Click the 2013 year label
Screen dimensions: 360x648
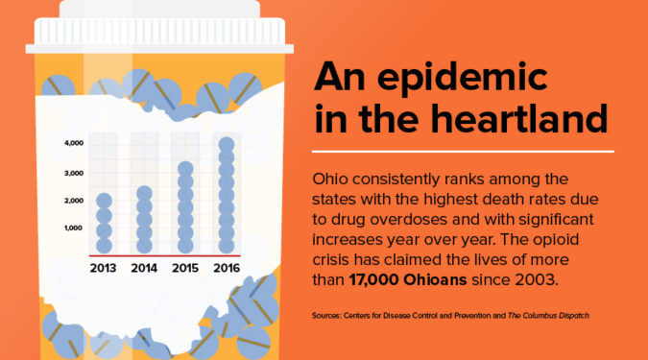(x=104, y=268)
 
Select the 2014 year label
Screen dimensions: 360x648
(x=144, y=268)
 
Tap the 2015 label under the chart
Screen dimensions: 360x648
(x=185, y=268)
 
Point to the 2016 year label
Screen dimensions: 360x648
(x=227, y=268)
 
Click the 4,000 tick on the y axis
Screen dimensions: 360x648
(x=74, y=143)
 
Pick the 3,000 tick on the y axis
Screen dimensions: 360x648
(x=74, y=173)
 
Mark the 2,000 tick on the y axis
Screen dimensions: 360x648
(x=74, y=201)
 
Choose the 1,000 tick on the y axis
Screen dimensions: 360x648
(x=74, y=228)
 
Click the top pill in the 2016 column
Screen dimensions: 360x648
(x=227, y=145)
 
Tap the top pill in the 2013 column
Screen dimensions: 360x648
(x=104, y=202)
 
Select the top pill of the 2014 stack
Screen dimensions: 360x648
(x=144, y=193)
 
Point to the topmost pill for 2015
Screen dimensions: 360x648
(x=185, y=169)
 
